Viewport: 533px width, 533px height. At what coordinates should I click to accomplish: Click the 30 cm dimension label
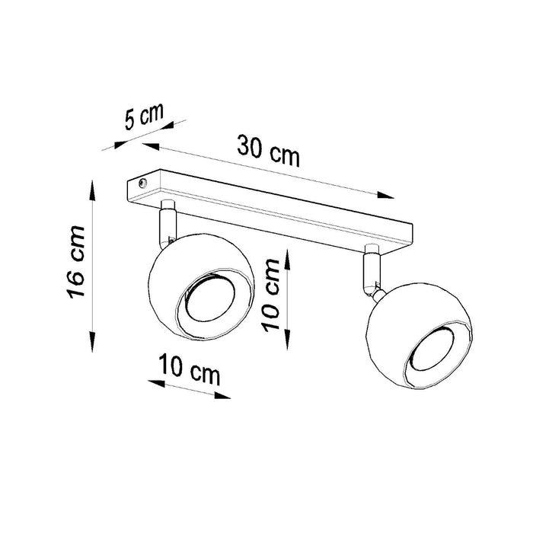(x=269, y=150)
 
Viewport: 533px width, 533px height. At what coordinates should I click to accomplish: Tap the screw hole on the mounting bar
(x=143, y=182)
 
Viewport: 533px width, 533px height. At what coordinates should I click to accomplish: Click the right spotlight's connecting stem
(x=372, y=270)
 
